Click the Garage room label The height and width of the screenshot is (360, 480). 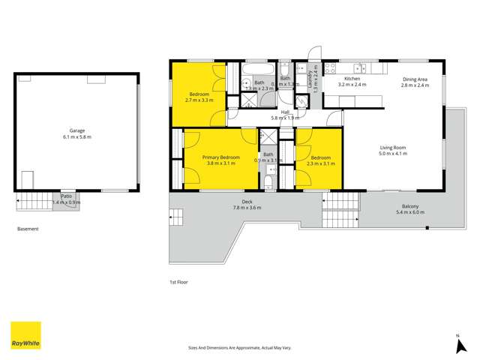coord(77,130)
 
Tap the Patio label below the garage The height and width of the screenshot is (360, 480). coord(67,196)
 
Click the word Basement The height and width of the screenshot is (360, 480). coord(28,229)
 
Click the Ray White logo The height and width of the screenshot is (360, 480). coord(25,335)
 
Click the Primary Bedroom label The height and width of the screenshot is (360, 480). coord(221,157)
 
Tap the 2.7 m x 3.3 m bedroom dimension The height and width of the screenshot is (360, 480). coord(199,100)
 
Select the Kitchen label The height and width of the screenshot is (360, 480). coord(352,79)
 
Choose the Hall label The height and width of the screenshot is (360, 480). coord(285,112)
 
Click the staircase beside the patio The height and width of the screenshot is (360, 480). coord(31,200)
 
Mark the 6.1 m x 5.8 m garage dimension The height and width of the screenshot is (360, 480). coord(77,136)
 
